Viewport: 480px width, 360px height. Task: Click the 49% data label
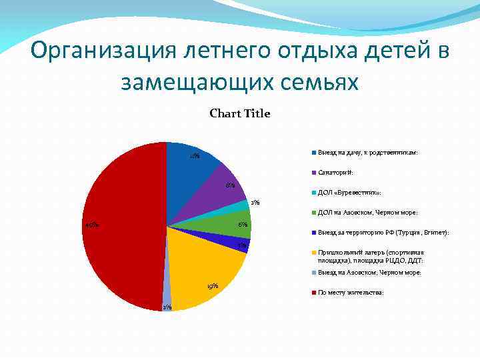coord(92,225)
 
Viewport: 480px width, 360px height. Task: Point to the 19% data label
coord(213,286)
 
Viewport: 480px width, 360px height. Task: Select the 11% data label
coord(194,157)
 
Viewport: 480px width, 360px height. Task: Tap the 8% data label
coord(229,185)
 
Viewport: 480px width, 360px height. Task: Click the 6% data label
coord(243,225)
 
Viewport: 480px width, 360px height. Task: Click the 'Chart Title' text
coord(239,114)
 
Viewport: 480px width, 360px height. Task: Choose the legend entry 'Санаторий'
coord(340,173)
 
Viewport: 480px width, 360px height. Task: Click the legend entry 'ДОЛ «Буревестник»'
coord(349,193)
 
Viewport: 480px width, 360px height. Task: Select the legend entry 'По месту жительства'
coord(351,293)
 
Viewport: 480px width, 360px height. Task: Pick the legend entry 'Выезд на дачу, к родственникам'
coord(368,153)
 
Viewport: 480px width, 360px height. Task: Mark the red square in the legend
coord(313,293)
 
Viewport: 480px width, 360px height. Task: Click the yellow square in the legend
coord(313,253)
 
